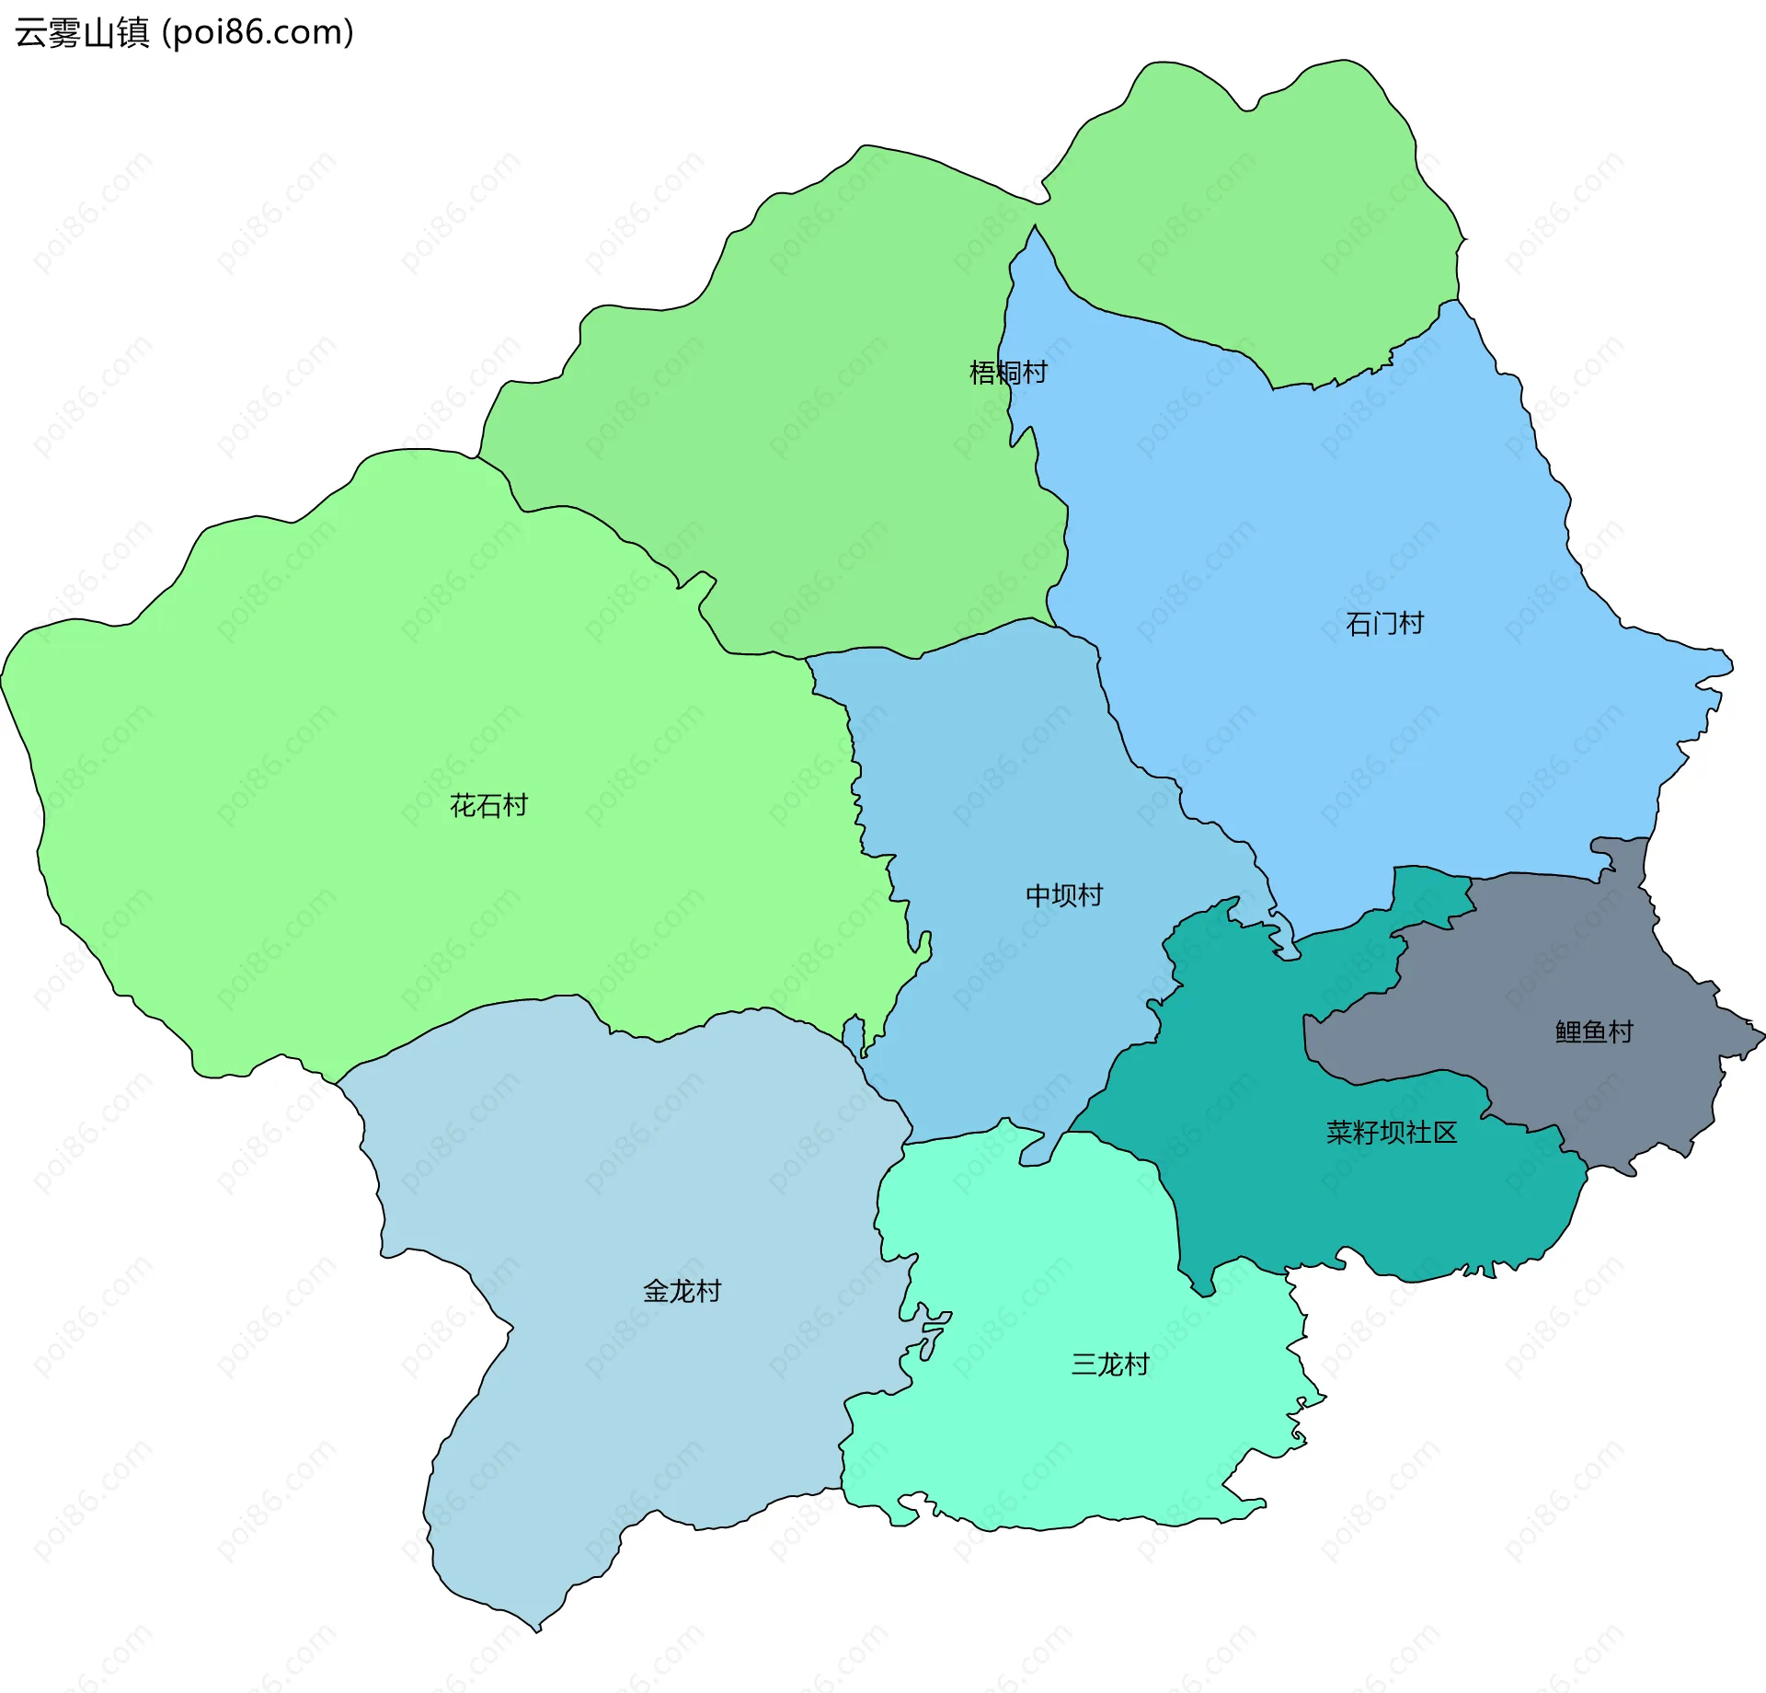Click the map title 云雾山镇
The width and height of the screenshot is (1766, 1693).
82,33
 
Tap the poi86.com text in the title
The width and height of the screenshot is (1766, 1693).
258,33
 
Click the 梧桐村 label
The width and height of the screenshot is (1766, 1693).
1008,373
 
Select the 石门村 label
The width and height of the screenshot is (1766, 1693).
1384,624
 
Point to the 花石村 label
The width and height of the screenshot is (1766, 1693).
488,806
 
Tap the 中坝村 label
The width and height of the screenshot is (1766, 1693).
1064,895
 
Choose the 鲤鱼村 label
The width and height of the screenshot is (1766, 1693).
1594,1031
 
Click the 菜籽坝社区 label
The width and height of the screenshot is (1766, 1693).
1392,1133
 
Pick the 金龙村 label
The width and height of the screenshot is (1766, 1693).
682,1292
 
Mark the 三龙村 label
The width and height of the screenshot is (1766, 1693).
1110,1365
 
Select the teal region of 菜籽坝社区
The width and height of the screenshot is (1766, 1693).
1288,1196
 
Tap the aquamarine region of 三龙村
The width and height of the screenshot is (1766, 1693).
1058,1454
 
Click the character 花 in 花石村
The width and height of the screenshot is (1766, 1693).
463,806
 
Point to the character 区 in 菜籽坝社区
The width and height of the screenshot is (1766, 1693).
1445,1133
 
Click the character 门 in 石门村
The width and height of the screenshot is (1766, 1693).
1384,624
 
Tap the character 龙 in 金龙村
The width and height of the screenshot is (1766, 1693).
682,1292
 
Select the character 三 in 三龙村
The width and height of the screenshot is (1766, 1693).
1084,1365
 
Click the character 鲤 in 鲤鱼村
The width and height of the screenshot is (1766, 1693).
1568,1031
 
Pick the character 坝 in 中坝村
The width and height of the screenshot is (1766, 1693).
1064,895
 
